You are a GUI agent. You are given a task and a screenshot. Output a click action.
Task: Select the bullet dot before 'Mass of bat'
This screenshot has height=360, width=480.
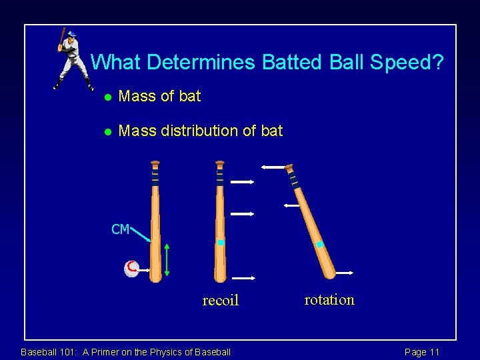(x=106, y=97)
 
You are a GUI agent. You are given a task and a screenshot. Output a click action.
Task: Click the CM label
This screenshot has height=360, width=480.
(x=120, y=230)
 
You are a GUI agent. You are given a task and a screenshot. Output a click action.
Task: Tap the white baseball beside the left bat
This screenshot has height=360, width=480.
(x=131, y=269)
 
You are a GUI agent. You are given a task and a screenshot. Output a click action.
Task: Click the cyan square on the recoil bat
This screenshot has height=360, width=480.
(x=221, y=243)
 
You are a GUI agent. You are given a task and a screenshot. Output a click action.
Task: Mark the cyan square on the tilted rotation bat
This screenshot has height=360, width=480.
(x=320, y=245)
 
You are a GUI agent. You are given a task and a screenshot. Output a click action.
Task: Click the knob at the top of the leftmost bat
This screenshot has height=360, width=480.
(x=155, y=163)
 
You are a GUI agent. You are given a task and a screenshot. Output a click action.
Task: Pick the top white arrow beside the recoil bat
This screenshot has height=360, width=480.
(x=242, y=181)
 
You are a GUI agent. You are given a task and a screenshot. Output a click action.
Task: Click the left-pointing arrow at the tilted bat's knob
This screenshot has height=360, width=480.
(x=273, y=167)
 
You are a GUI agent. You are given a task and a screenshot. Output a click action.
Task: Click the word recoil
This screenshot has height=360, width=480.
(x=220, y=301)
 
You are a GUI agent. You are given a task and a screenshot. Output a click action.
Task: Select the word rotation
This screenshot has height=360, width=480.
(x=329, y=300)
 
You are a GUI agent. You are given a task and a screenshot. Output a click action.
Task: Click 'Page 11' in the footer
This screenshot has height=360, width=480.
(x=422, y=352)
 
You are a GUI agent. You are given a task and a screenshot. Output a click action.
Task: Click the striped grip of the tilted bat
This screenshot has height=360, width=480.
(x=293, y=179)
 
